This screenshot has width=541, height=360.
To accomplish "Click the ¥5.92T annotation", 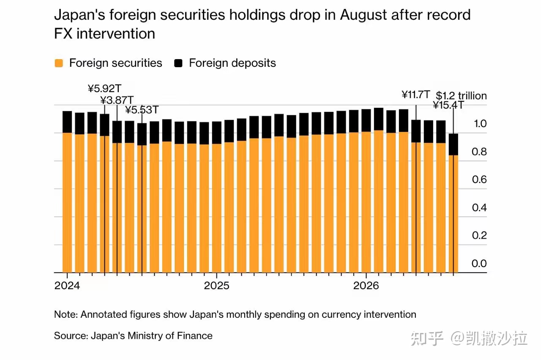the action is [x=104, y=89].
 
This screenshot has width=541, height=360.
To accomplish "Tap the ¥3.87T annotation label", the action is [x=117, y=100].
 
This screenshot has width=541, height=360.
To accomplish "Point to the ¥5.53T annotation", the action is [x=142, y=110].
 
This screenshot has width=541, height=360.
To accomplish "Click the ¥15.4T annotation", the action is [x=448, y=105].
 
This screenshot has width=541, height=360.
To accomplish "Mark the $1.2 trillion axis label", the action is [x=461, y=96].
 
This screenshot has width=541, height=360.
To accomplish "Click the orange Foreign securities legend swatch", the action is [x=59, y=63].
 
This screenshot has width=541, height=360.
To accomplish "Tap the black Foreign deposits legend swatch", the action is [x=178, y=63].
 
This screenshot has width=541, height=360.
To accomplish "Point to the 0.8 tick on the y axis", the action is [x=479, y=152].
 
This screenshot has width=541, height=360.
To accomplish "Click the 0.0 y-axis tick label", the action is [x=479, y=263].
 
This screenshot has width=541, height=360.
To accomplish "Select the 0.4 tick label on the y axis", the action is [x=479, y=207].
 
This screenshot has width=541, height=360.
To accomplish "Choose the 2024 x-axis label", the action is [x=67, y=286].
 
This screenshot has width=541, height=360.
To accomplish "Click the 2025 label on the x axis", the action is [x=217, y=286].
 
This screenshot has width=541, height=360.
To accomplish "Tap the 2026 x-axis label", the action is [x=366, y=286].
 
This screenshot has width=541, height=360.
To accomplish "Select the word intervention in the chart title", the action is [x=116, y=33].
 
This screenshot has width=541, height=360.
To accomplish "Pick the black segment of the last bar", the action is [x=454, y=145].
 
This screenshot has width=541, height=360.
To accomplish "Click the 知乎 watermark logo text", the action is [x=427, y=338].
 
